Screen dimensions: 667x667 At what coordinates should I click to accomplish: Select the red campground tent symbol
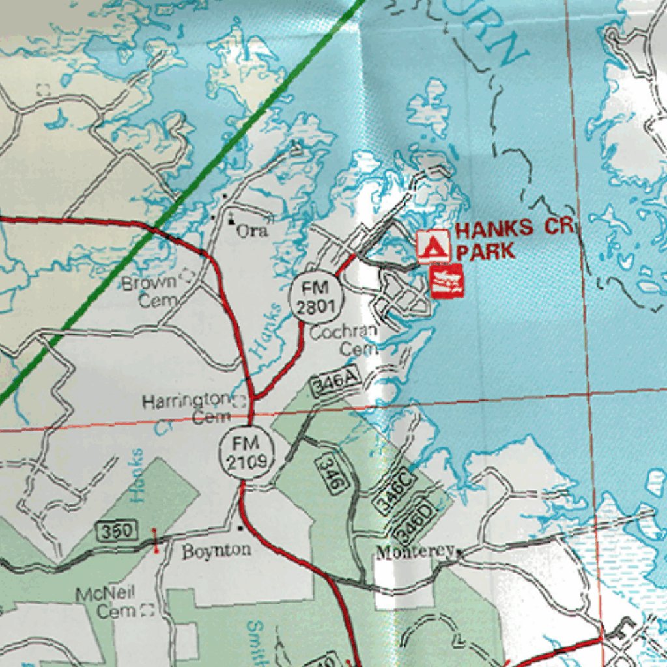(x=433, y=247)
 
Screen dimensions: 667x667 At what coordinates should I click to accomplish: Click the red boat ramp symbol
(x=447, y=281)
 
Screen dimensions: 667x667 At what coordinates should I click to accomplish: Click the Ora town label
(x=252, y=231)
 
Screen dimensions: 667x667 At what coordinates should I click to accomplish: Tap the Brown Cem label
(x=150, y=291)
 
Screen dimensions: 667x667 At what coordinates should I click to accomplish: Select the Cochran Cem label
(x=344, y=340)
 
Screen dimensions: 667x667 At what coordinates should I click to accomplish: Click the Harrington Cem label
(x=188, y=408)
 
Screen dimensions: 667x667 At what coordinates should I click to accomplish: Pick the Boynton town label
(x=216, y=550)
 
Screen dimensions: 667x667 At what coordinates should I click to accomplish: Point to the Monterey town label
(x=414, y=552)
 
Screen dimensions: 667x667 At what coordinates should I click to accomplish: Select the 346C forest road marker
(x=393, y=489)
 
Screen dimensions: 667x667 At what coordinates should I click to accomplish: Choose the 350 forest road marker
(x=117, y=532)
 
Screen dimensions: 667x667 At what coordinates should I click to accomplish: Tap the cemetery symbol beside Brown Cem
(x=187, y=276)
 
